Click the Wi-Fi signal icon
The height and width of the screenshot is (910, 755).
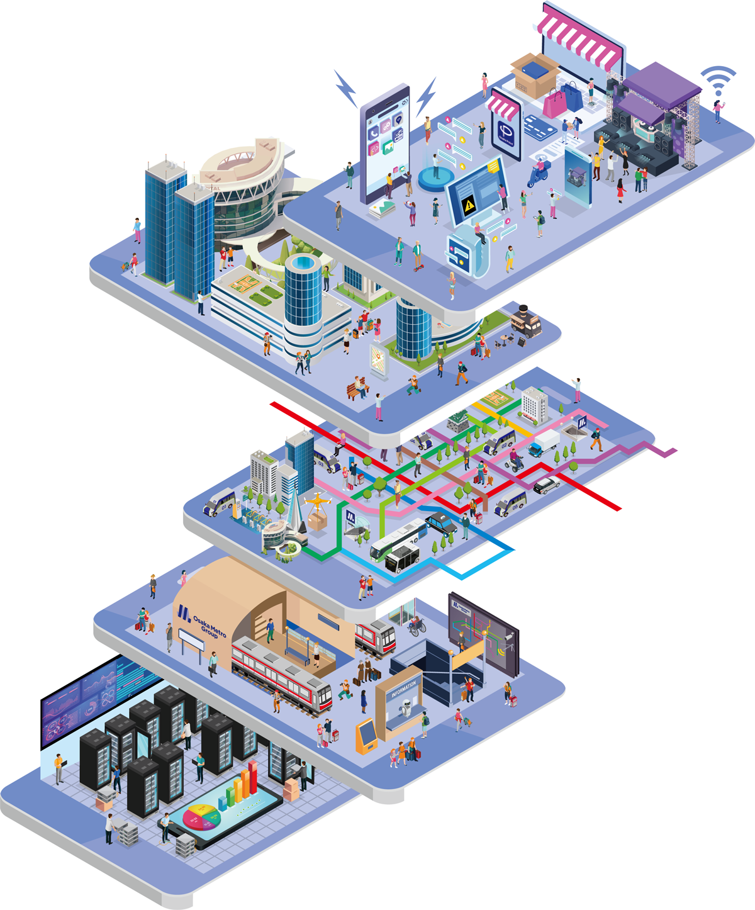point(718,80)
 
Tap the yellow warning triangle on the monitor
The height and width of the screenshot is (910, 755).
point(468,205)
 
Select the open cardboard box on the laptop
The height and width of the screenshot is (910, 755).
point(535,74)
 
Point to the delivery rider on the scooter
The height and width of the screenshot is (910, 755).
point(539,171)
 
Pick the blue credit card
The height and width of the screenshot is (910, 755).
point(539,128)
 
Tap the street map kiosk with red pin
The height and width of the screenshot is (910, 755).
point(379,361)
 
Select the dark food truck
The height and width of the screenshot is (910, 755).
point(525,320)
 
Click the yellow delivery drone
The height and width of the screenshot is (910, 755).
point(317,502)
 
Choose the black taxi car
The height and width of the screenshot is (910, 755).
point(442,522)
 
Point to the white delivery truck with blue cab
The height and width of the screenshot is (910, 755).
point(543,443)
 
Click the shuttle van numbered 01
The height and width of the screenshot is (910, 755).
point(219,503)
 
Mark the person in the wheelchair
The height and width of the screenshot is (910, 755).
point(416,625)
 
